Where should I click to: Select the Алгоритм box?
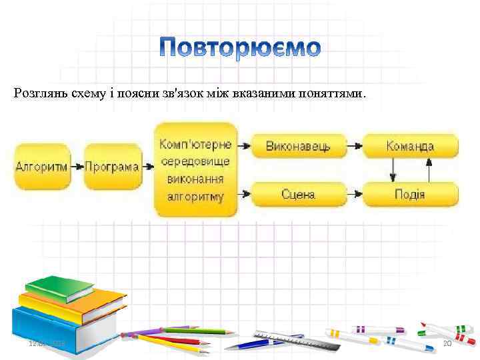pyautogui.click(x=41, y=167)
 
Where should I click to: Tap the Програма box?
pyautogui.click(x=112, y=167)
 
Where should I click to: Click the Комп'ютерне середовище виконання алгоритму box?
pyautogui.click(x=195, y=170)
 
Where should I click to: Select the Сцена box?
pyautogui.click(x=299, y=195)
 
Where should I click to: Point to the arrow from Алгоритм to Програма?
pyautogui.click(x=77, y=167)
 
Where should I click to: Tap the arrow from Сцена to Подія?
pyautogui.click(x=355, y=195)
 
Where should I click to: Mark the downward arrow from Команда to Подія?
pyautogui.click(x=393, y=170)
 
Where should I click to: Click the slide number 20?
pyautogui.click(x=448, y=343)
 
